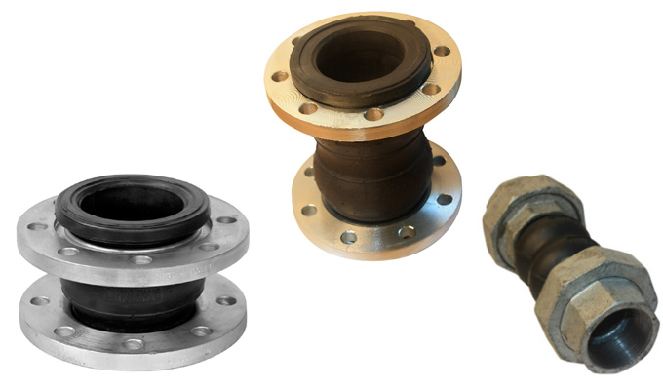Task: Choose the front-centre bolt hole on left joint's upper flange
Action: click(141, 259)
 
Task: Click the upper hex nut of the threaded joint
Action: click(522, 214)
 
